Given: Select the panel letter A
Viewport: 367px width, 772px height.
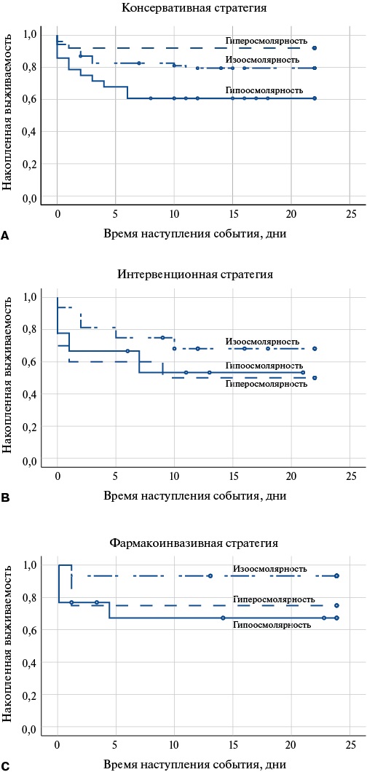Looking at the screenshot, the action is click(5, 237).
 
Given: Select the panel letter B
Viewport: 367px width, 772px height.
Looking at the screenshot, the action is click(5, 498).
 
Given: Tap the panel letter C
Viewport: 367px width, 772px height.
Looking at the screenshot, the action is click(5, 765).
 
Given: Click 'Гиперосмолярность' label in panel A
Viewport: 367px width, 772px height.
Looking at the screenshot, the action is click(267, 41).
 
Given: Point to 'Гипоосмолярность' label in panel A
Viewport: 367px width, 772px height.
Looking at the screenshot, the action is click(264, 90).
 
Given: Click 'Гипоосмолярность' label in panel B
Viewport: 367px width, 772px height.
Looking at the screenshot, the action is click(264, 366).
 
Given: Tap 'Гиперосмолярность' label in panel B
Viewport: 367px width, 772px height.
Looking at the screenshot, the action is click(266, 383).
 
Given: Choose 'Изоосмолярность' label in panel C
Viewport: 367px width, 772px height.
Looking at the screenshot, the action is click(270, 568).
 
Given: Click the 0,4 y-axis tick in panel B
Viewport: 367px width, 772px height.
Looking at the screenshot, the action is click(30, 395).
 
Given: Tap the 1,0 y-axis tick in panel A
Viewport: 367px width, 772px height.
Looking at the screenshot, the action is click(30, 34).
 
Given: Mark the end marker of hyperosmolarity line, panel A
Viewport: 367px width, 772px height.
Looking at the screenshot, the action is click(314, 48).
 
